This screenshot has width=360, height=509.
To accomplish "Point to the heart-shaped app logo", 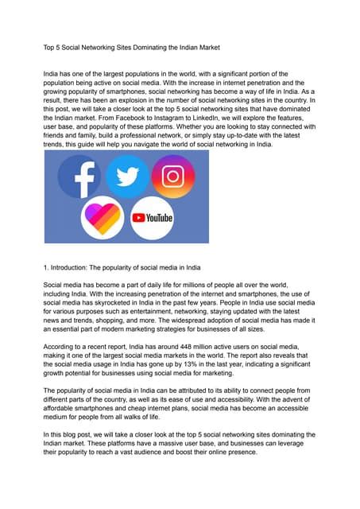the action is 102,217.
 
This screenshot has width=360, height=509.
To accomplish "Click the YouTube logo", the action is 151,216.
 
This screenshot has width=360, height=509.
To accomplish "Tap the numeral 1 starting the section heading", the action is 45,269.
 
